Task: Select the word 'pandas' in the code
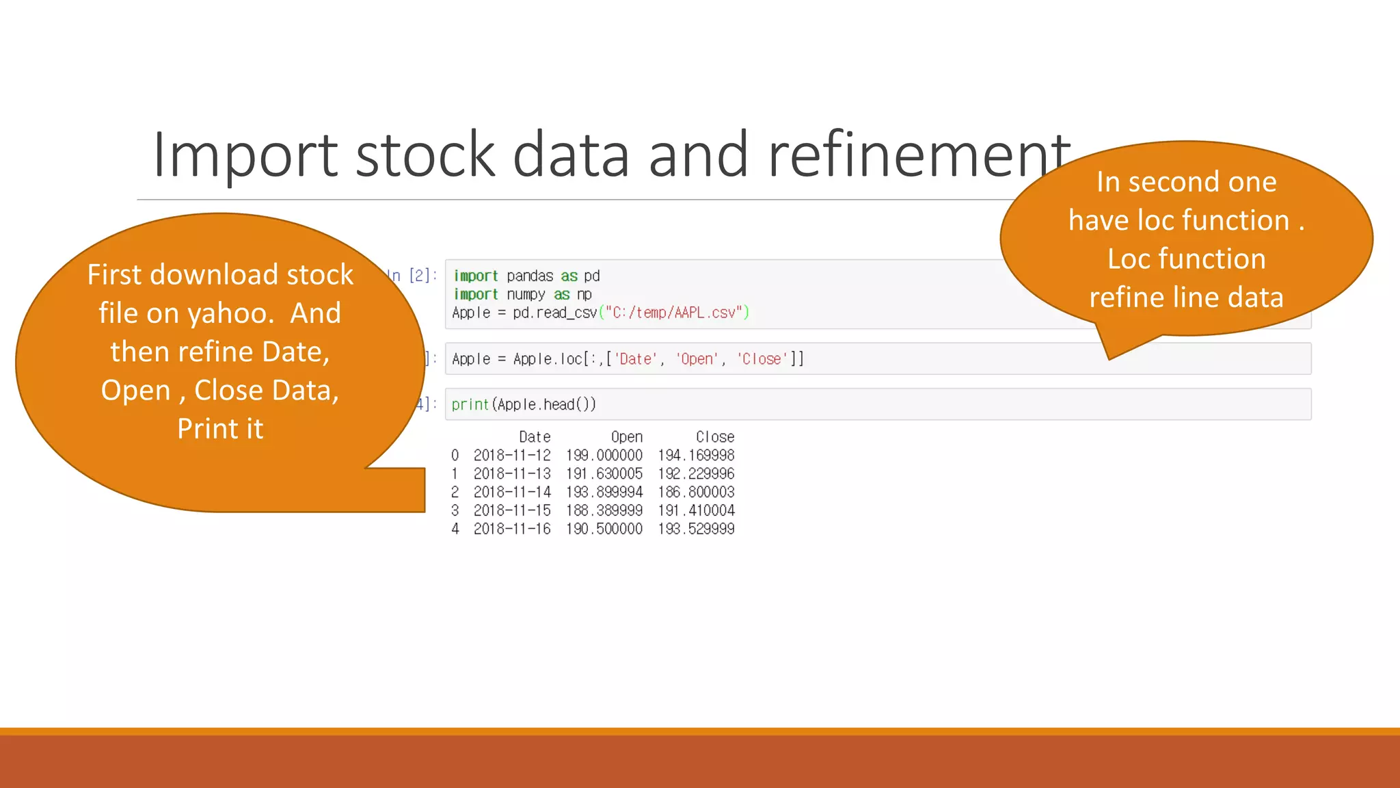point(530,276)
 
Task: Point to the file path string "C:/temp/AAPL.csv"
point(674,313)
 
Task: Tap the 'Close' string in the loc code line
point(762,359)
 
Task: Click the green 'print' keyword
point(470,404)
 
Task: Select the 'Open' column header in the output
point(627,437)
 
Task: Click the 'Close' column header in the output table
point(715,437)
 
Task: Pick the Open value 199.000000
point(604,456)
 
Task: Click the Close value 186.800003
point(696,492)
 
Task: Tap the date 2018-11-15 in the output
point(512,510)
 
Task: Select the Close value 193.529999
point(696,529)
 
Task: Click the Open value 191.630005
point(604,473)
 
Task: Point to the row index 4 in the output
point(455,529)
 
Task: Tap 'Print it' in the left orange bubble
point(220,429)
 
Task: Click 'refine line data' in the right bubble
point(1186,298)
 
